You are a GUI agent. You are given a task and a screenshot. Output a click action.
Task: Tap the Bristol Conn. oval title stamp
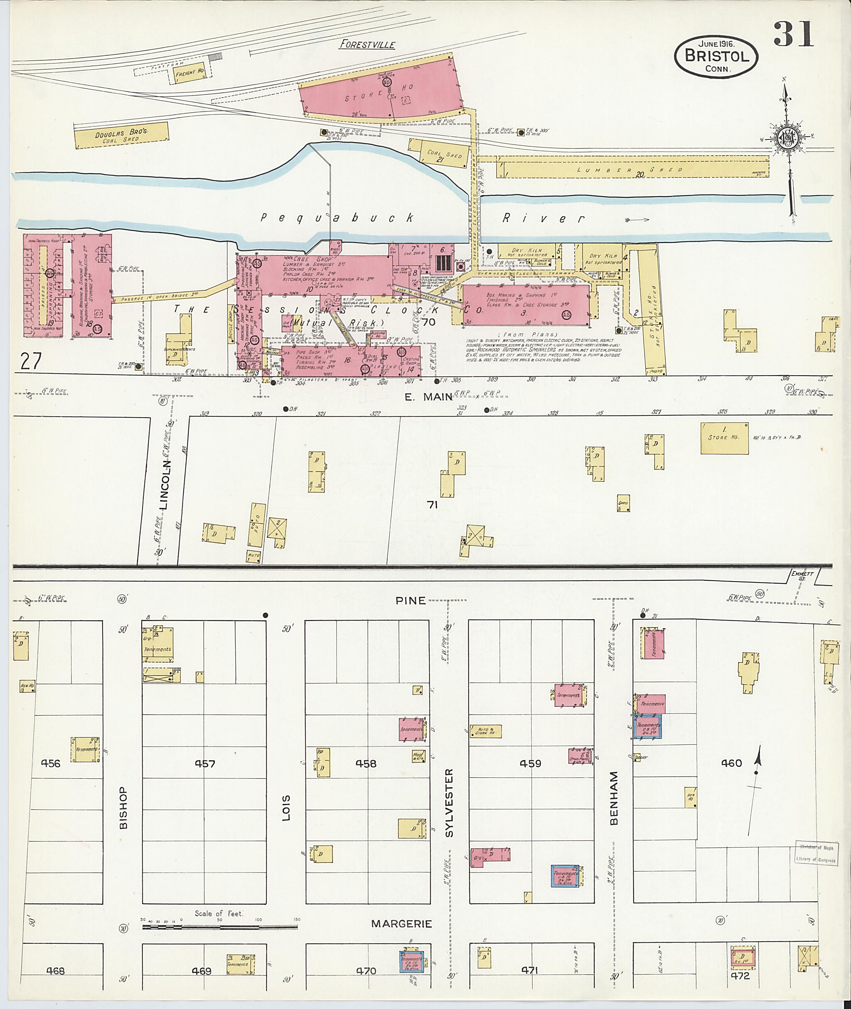[x=716, y=57]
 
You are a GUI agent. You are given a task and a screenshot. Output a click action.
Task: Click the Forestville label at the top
[x=367, y=45]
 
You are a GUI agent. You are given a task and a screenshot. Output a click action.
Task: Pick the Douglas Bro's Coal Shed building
[x=123, y=135]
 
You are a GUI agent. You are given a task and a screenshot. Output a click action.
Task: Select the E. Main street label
[x=428, y=396]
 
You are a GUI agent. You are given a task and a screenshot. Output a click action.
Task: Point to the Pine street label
[x=411, y=601]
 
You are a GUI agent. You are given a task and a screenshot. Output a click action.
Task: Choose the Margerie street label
[x=401, y=923]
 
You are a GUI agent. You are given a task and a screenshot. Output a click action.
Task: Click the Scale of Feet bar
[x=219, y=926]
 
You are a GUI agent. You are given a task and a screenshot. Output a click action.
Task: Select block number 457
[x=205, y=764]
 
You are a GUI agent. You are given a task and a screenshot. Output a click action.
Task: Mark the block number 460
[x=731, y=763]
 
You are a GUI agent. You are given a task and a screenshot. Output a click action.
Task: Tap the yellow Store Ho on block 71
[x=725, y=438]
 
